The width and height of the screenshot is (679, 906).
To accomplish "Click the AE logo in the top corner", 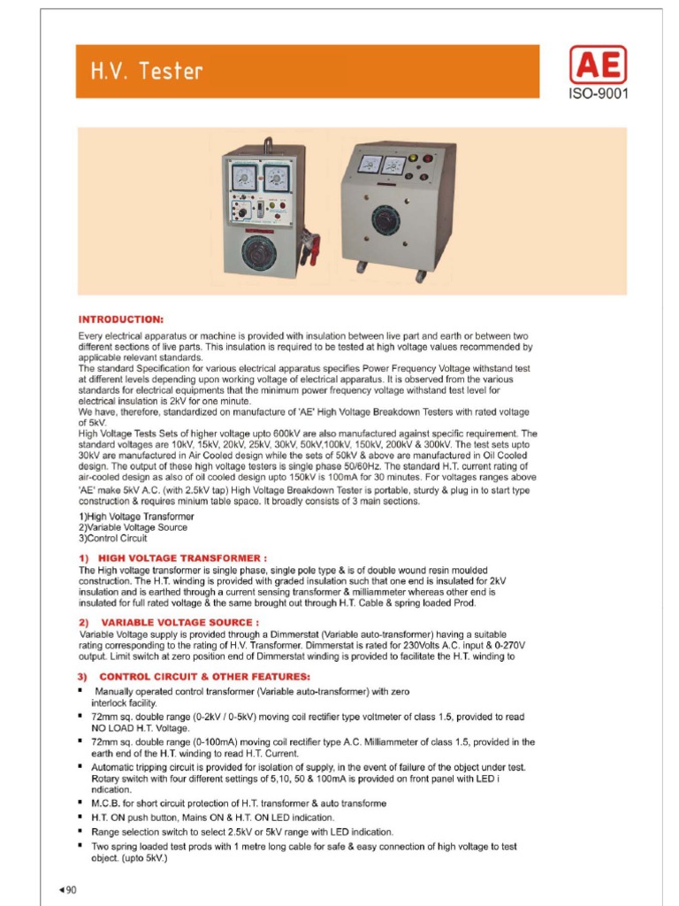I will coord(598,65).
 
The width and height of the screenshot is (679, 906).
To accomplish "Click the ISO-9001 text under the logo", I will coord(598,93).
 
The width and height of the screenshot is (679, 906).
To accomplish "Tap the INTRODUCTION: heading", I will coord(121,319).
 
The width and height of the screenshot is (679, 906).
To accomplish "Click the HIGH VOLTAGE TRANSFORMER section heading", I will coord(173,558).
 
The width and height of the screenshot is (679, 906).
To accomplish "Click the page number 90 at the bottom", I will coord(67,890).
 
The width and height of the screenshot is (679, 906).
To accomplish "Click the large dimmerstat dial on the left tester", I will coord(263,252).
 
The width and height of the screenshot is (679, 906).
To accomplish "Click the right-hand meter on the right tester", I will coord(393,165).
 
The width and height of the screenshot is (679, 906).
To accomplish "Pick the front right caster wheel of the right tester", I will coord(421,276).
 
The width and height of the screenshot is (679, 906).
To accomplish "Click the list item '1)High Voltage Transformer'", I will coord(136,516).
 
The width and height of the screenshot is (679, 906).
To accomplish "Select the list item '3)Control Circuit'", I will coord(113,537).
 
